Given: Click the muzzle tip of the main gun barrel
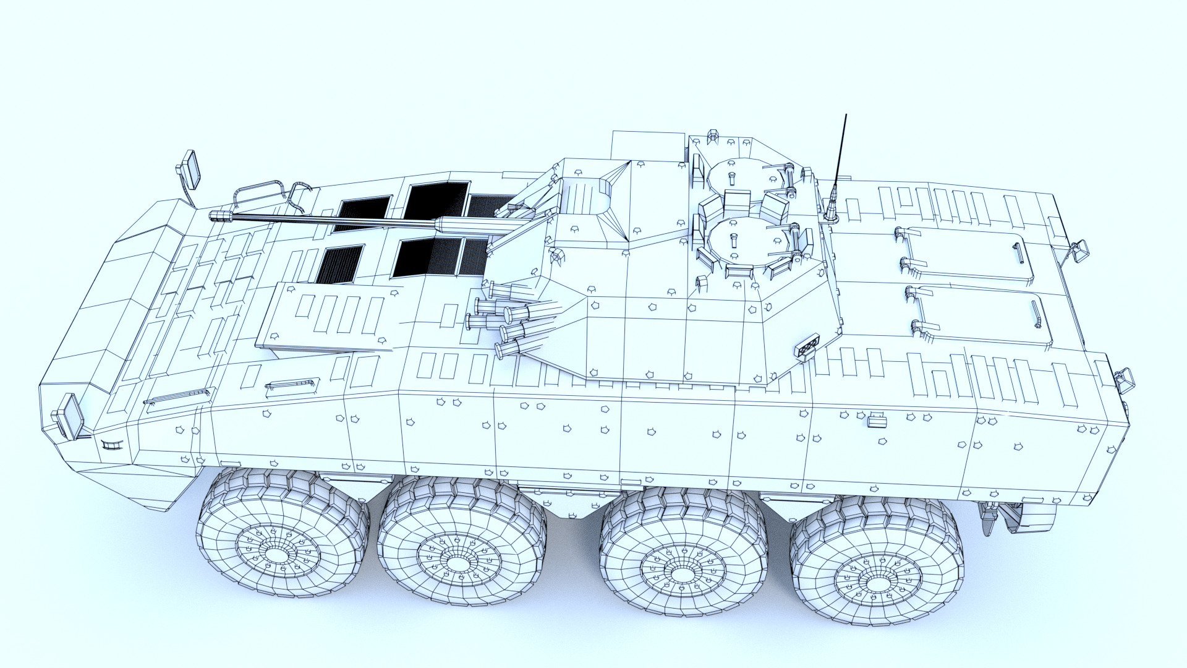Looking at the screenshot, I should (213, 216).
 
